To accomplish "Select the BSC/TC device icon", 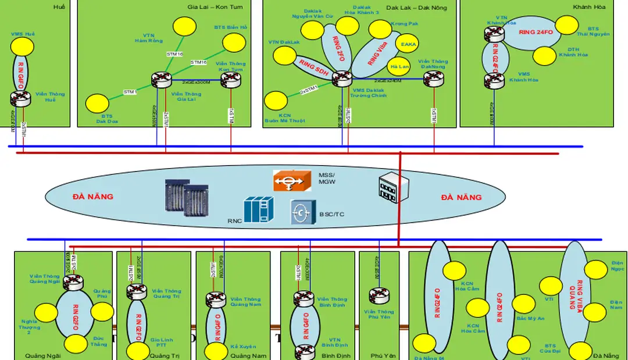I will (303, 213).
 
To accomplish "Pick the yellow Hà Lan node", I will (401, 66).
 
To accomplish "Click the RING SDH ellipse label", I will (314, 69).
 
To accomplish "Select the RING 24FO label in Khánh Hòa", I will (536, 33).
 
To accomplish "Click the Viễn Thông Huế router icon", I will (21, 98).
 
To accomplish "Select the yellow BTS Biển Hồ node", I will (234, 42).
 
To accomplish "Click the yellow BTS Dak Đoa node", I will (97, 104).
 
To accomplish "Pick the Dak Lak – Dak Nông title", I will (429, 7).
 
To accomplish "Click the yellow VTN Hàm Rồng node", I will (185, 27).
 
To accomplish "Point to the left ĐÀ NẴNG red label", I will (93, 197).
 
